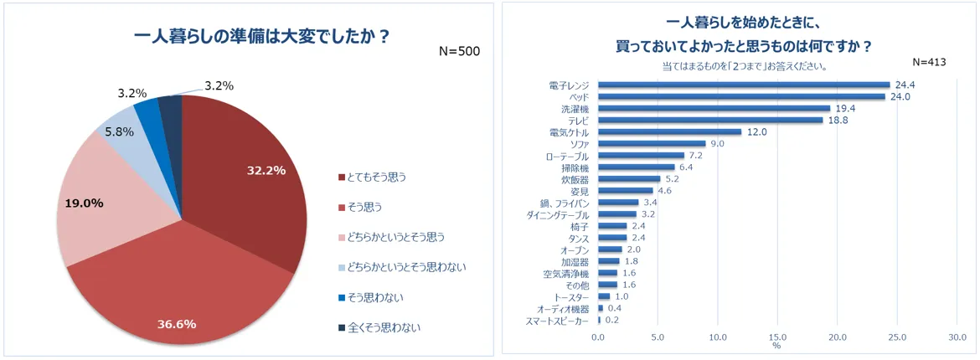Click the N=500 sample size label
459,51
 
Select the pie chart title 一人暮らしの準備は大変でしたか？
261,36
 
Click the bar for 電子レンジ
743,85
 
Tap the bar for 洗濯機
714,108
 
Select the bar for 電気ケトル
669,131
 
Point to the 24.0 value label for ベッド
899,96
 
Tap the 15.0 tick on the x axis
777,337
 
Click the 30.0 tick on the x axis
957,337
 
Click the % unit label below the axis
776,346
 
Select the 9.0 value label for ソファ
717,144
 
